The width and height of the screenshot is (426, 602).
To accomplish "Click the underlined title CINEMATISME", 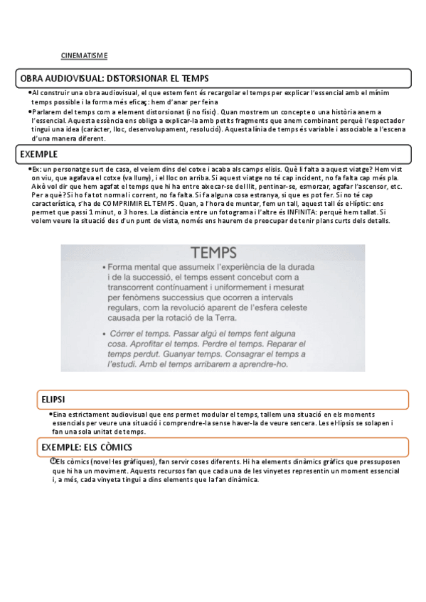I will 84,55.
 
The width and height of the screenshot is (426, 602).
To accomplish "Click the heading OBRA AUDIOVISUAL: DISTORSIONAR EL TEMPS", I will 115,77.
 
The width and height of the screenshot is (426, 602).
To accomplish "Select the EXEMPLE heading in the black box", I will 40,153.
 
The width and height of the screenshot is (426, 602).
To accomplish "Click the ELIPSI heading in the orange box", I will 54,400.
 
